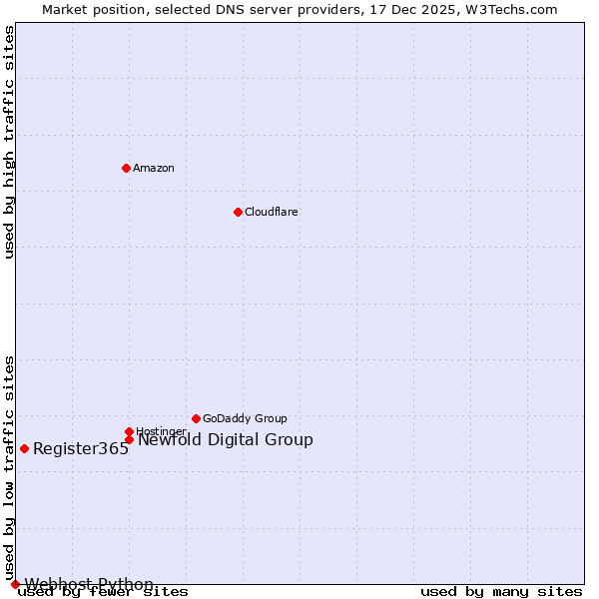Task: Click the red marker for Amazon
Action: click(126, 168)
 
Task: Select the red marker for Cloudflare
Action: click(238, 212)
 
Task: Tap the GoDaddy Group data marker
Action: click(196, 418)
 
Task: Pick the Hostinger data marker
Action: click(129, 431)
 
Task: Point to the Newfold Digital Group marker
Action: click(129, 439)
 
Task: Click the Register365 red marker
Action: click(24, 448)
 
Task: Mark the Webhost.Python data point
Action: click(15, 584)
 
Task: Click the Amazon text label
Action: click(154, 168)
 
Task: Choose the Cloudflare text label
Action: click(272, 212)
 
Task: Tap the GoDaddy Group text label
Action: click(245, 418)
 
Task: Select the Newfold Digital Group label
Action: click(226, 440)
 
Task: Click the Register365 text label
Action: click(81, 449)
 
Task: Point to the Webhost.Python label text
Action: click(89, 584)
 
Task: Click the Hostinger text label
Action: click(162, 431)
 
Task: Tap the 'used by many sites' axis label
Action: click(501, 592)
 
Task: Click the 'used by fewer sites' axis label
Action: click(104, 592)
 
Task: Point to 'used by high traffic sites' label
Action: click(9, 142)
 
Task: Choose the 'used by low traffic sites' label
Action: click(9, 467)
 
